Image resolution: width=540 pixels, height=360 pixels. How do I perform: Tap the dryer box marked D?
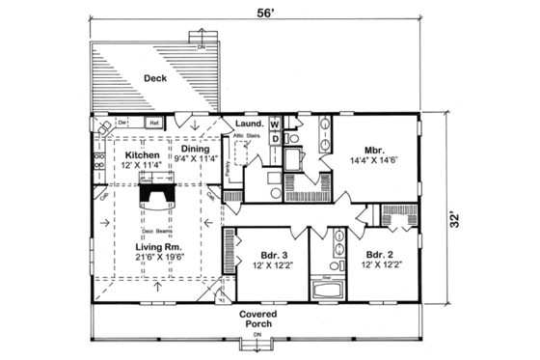tap(275, 140)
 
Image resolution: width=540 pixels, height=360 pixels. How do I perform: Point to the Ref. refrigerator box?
tap(153, 124)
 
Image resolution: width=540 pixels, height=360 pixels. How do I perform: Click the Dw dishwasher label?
tap(123, 124)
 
